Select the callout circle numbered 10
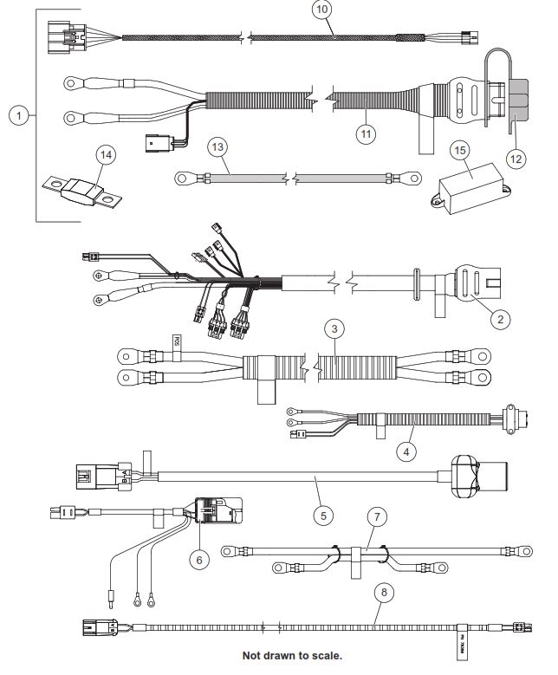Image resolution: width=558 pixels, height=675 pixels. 321,11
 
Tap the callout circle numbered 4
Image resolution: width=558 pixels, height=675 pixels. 406,451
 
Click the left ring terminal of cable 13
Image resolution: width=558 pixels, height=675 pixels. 184,178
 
